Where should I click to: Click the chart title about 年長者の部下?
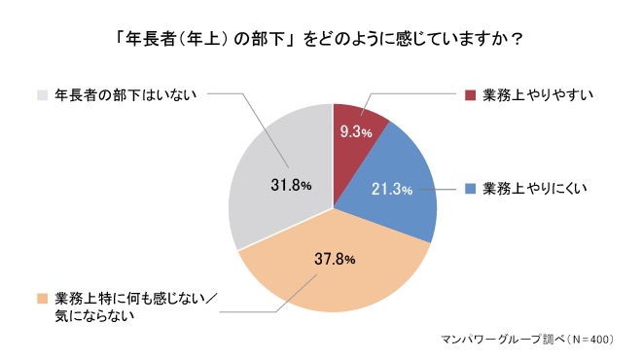coord(321,40)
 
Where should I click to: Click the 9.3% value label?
coord(355,131)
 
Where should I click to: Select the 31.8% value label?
coord(290,185)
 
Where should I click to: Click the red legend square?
coord(469,95)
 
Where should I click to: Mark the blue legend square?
coord(469,186)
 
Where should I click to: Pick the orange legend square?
coord(41,298)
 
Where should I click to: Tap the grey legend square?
coord(41,95)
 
